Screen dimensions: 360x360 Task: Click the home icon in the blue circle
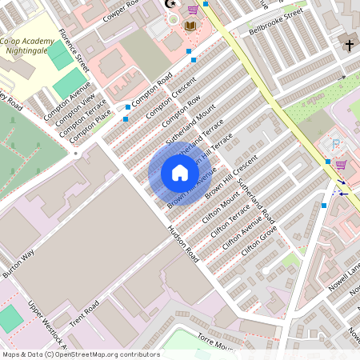[x=179, y=173]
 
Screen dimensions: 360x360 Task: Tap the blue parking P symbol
[x=336, y=145]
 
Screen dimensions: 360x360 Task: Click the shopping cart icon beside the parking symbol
[x=342, y=165]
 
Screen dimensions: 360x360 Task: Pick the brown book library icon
[x=190, y=26]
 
